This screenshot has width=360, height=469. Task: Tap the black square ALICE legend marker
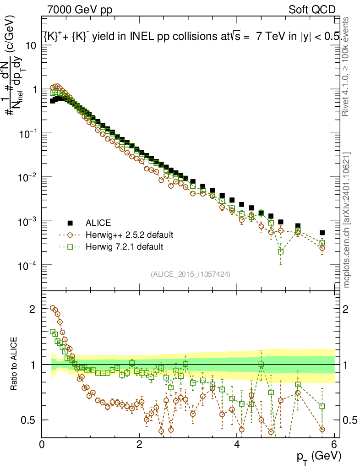tap(71, 223)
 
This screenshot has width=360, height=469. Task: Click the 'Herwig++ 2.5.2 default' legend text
tap(129, 235)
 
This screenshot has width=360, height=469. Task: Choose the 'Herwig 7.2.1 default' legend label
tap(124, 247)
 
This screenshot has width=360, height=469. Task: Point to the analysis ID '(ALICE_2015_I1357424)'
tap(190, 274)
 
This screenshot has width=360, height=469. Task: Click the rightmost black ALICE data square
tap(322, 233)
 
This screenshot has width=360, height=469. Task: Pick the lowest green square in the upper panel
tap(281, 251)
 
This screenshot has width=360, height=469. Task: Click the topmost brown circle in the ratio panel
tap(53, 308)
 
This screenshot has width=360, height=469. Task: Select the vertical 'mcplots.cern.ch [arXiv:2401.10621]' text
tap(347, 220)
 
